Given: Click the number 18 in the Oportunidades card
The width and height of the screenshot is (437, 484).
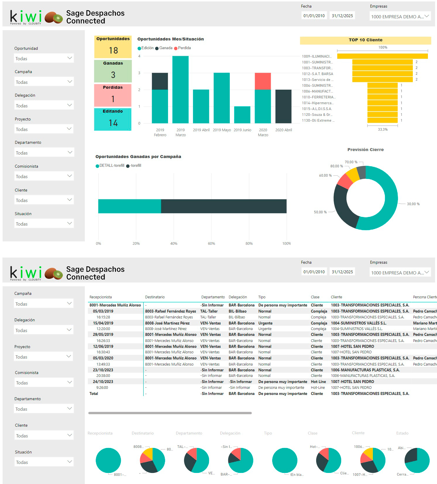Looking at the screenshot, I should [113, 51].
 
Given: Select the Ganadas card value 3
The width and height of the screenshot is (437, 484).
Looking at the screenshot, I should [113, 75].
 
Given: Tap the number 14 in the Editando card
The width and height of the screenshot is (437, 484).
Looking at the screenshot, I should [113, 123].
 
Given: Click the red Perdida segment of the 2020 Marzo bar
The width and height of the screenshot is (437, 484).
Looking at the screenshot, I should [263, 81].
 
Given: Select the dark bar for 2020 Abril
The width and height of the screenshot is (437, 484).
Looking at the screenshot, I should [283, 106].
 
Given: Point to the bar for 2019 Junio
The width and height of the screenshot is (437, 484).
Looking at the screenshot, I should [242, 115].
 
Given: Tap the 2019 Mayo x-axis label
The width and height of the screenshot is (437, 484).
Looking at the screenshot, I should [222, 130].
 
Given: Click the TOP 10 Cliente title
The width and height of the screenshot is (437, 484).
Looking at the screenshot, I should [365, 40].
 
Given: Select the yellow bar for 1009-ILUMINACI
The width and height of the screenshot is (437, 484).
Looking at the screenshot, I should [382, 56].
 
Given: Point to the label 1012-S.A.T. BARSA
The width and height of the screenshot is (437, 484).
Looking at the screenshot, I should [317, 74].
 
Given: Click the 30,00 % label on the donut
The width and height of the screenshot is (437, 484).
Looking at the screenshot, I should [413, 204].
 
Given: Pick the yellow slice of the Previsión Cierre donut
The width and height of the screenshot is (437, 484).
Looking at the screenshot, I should [353, 175].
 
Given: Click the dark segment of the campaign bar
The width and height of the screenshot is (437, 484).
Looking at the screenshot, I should [224, 206].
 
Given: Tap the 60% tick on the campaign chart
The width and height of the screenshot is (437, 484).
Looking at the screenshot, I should [211, 244].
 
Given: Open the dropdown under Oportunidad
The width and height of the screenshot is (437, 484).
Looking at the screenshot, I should [44, 58].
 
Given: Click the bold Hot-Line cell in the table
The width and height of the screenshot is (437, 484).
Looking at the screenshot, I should [318, 382].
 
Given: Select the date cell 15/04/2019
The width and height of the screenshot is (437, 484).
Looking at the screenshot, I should [103, 323].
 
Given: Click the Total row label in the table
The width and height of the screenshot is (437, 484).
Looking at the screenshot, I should [94, 393].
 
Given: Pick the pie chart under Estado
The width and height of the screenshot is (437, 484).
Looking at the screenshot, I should [417, 460].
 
